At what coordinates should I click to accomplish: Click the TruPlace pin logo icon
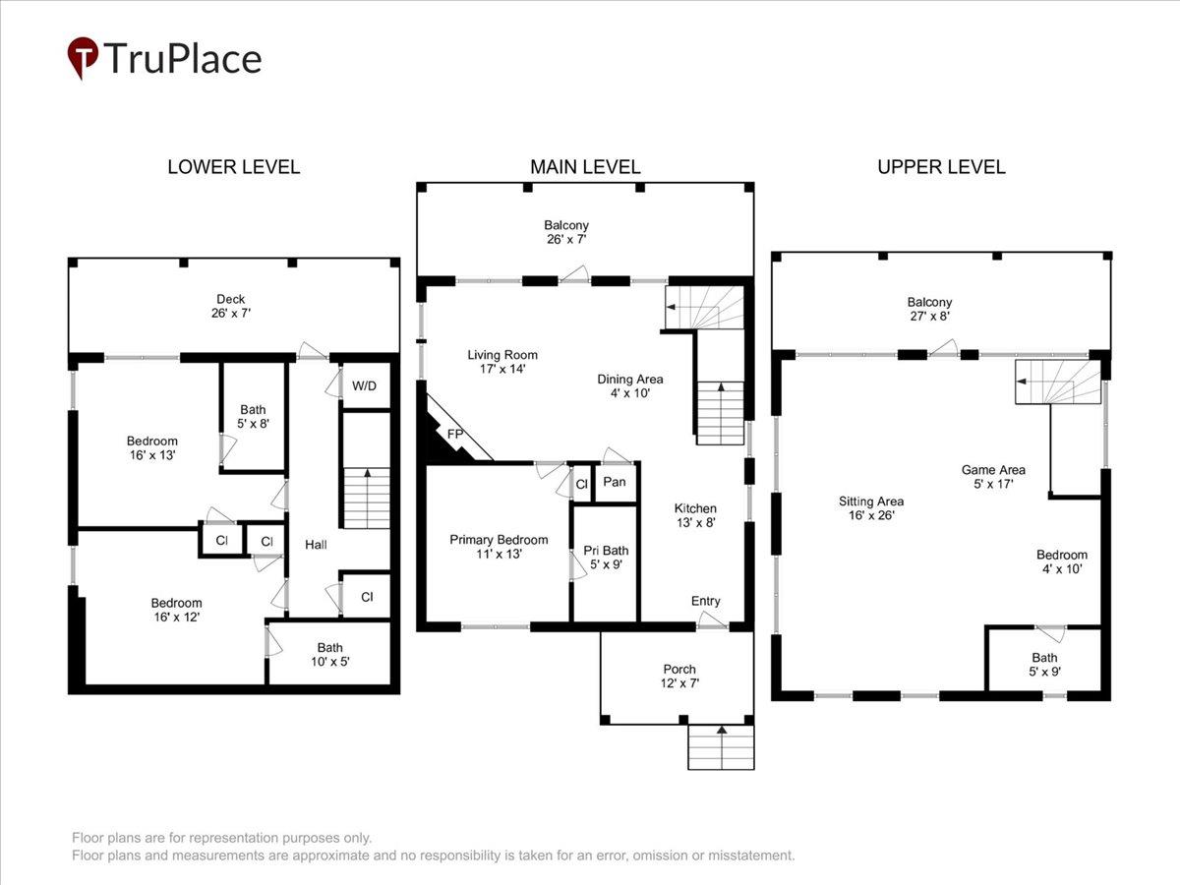(x=83, y=57)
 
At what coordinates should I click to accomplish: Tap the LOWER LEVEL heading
(x=234, y=167)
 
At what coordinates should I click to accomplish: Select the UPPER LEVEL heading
(x=941, y=167)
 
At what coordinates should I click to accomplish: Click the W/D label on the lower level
(x=365, y=385)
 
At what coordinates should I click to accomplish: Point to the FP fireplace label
(x=455, y=434)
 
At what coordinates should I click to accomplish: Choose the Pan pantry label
(x=615, y=482)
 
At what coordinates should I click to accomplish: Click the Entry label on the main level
(x=706, y=601)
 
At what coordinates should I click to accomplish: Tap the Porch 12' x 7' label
(x=679, y=676)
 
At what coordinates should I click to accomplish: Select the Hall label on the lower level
(x=316, y=545)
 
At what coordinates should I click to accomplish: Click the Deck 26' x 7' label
(x=231, y=306)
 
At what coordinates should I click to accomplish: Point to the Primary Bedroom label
(x=499, y=540)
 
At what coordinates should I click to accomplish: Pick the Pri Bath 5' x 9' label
(x=606, y=558)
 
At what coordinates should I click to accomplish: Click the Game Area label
(x=993, y=470)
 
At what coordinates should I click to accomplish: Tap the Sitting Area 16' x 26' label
(x=871, y=508)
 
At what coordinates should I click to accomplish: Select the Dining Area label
(x=630, y=380)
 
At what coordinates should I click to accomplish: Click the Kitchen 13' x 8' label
(x=695, y=515)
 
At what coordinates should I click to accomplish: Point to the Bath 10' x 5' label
(x=330, y=655)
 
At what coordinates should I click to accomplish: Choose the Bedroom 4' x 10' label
(x=1062, y=561)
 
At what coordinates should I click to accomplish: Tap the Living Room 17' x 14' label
(x=502, y=362)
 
